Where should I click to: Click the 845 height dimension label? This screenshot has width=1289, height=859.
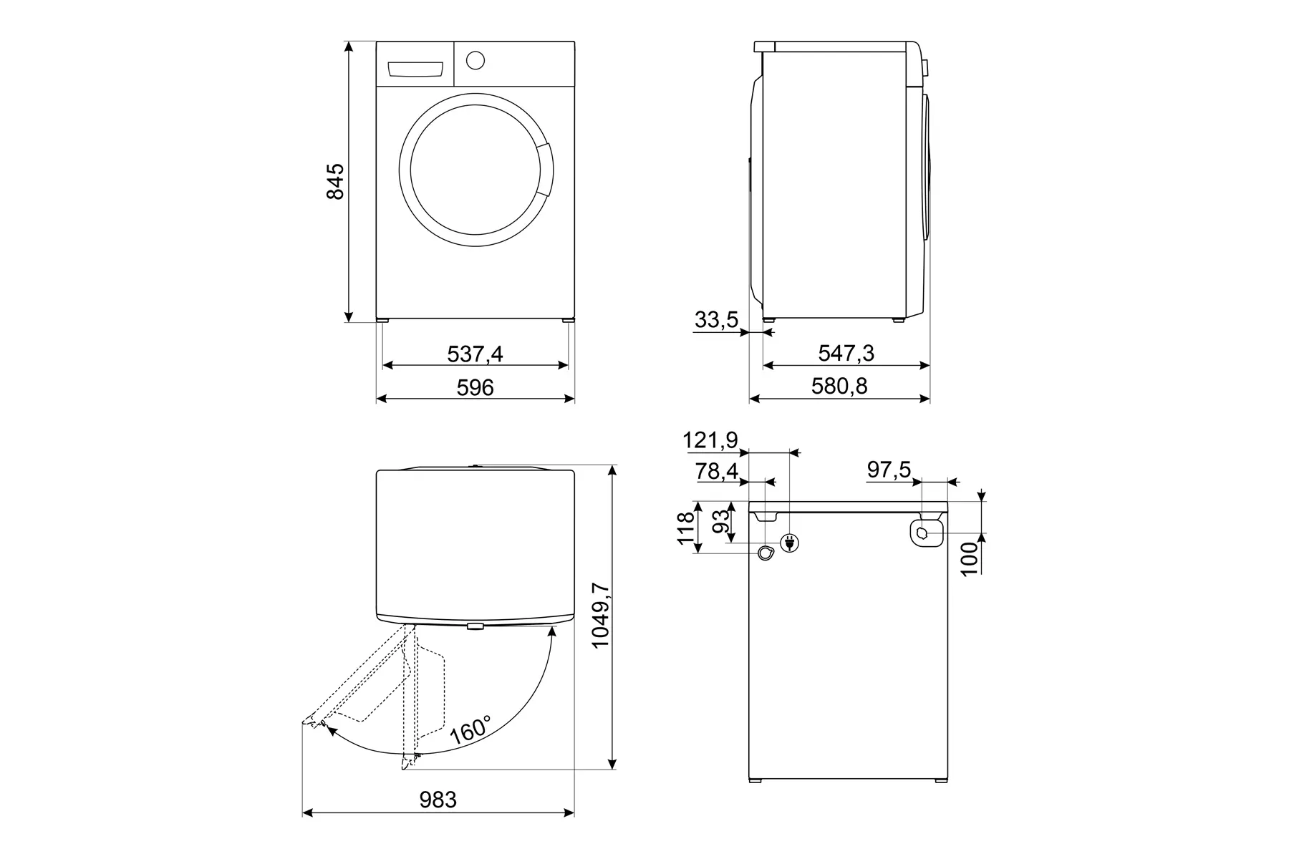335,182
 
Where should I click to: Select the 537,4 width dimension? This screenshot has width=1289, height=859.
475,353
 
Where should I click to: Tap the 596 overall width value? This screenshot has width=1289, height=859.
475,387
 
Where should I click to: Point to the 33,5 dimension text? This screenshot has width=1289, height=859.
716,320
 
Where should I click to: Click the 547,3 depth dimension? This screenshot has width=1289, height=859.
846,353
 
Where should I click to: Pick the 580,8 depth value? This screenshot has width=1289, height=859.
839,387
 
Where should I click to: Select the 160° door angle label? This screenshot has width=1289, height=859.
470,729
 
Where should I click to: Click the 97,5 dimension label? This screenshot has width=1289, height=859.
889,470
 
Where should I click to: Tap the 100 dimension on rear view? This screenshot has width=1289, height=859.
968,559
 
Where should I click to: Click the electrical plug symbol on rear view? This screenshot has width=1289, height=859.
791,543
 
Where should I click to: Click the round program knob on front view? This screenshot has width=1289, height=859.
475,60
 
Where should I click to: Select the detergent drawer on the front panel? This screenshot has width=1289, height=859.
415,69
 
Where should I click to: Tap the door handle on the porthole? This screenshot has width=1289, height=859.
545,169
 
